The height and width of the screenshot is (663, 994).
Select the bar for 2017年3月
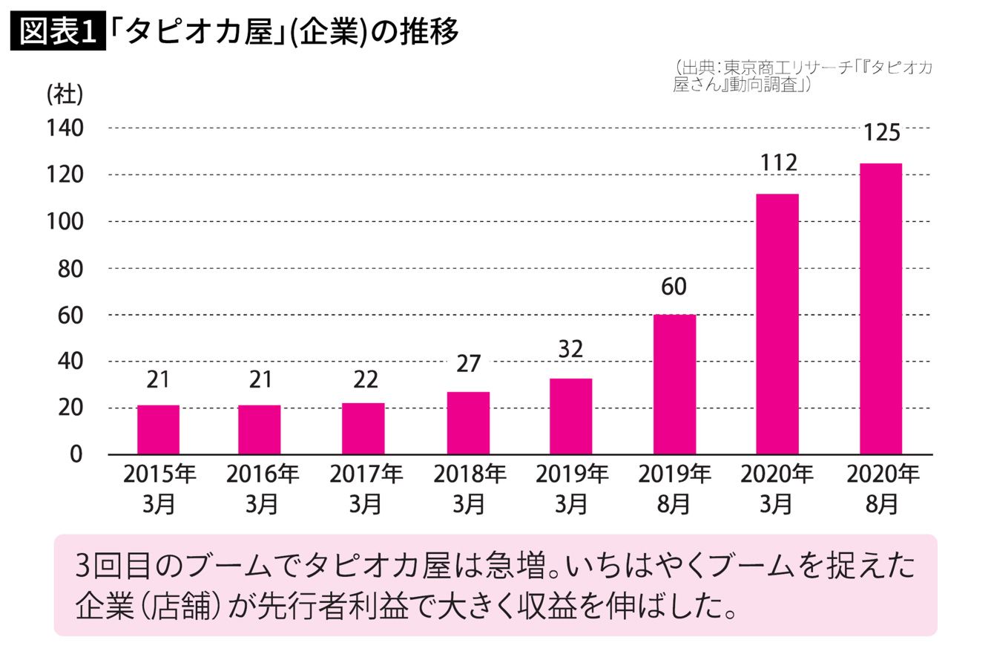[x=363, y=428]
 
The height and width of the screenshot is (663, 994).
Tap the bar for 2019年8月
[x=674, y=384]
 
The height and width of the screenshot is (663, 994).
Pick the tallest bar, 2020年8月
[x=881, y=308]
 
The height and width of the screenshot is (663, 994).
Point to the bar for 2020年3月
[x=777, y=324]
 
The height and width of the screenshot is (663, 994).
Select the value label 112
[x=777, y=163]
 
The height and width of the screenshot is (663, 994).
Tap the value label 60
[x=674, y=286]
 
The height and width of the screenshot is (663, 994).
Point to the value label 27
[x=468, y=364]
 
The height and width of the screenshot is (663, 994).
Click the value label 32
[x=570, y=349]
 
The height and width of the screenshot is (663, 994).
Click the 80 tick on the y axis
[x=70, y=268]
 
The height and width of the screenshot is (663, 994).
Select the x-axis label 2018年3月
[x=469, y=489]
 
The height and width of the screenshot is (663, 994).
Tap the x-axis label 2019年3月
[x=571, y=489]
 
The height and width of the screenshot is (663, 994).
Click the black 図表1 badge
[x=59, y=32]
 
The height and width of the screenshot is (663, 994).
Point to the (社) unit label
[x=65, y=95]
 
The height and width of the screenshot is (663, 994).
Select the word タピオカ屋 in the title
[x=200, y=32]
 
